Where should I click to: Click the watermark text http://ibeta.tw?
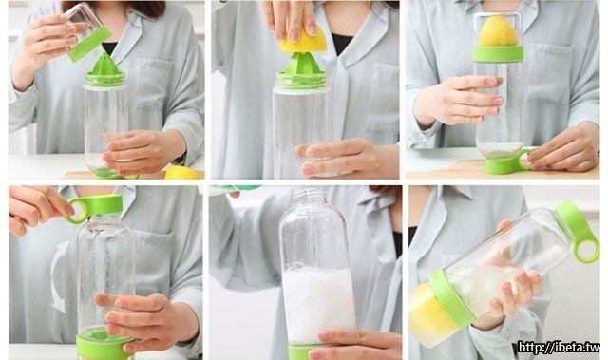[x=560, y=347]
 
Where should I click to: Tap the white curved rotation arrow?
[x=59, y=275]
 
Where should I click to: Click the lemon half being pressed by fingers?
[x=303, y=40]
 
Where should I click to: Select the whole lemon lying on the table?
[x=183, y=173]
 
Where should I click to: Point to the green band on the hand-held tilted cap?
[x=89, y=44]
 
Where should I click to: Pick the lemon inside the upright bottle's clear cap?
[x=498, y=31]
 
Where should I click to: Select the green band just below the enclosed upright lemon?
[x=498, y=54]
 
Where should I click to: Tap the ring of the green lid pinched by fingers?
[x=79, y=210]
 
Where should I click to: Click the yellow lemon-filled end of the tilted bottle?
[x=430, y=313]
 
